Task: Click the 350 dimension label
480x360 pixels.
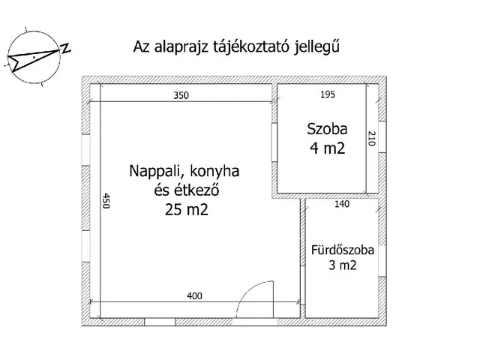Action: (181, 95)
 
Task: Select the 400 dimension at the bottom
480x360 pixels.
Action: (195, 296)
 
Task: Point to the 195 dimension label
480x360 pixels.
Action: (327, 94)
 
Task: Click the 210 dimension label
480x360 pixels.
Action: (370, 139)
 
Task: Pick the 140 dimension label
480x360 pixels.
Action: (340, 203)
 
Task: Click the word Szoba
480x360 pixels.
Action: (327, 127)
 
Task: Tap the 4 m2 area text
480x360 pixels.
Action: (327, 148)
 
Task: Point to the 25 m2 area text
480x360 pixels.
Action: (185, 211)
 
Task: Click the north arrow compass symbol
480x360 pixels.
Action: (34, 56)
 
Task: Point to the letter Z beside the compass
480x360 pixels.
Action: (66, 49)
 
